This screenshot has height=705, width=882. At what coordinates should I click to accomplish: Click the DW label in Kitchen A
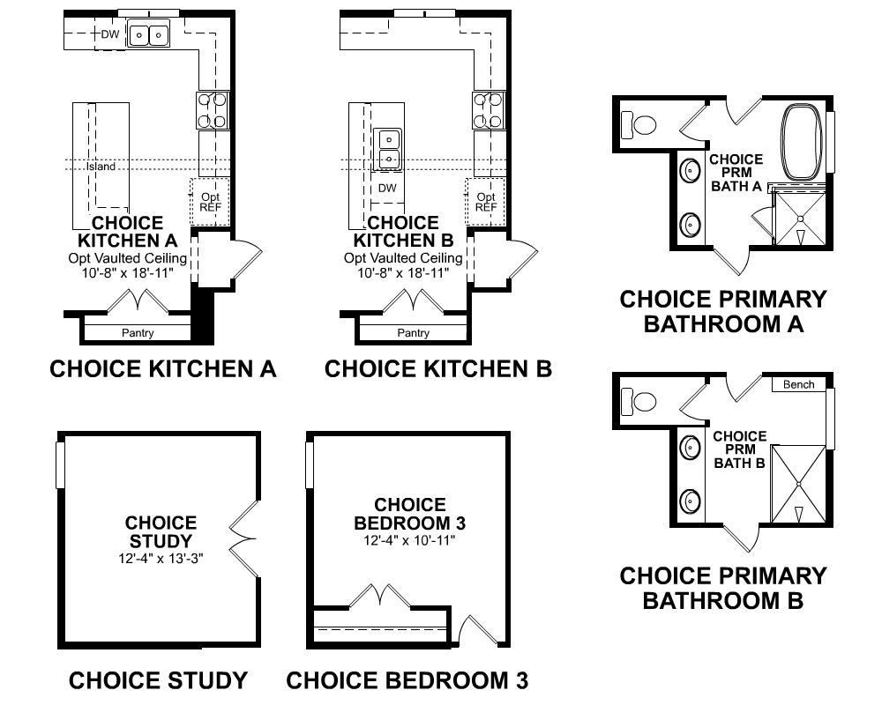click(x=110, y=34)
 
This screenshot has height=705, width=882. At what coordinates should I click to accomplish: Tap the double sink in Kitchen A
click(x=148, y=33)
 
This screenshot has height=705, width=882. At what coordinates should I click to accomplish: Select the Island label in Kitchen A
click(x=101, y=167)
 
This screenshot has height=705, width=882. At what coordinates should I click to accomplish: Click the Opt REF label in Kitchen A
click(x=211, y=202)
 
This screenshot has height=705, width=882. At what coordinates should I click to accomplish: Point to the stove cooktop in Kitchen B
click(x=489, y=110)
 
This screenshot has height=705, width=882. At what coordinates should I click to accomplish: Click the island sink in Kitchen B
click(x=387, y=149)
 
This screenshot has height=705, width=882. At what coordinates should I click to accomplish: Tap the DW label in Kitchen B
click(x=387, y=188)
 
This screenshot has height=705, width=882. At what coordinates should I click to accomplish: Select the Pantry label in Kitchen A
click(x=138, y=333)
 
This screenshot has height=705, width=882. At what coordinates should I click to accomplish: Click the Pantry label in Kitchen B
click(x=413, y=333)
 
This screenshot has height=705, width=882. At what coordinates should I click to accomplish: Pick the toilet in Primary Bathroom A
click(x=639, y=124)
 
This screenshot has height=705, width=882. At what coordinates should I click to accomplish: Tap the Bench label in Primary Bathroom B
click(x=798, y=384)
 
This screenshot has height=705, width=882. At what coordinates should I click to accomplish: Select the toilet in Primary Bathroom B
click(x=639, y=402)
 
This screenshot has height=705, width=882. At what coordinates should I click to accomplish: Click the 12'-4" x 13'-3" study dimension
click(x=161, y=558)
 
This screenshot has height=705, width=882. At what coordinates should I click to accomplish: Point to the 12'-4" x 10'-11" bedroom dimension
click(x=409, y=540)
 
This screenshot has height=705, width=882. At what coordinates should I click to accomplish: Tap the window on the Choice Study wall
click(x=60, y=464)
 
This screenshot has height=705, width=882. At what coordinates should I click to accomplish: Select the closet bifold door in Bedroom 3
click(x=381, y=596)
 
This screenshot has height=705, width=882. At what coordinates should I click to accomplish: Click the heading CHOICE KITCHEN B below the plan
click(x=438, y=369)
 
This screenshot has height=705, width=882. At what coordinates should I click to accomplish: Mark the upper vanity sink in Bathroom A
click(x=690, y=170)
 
